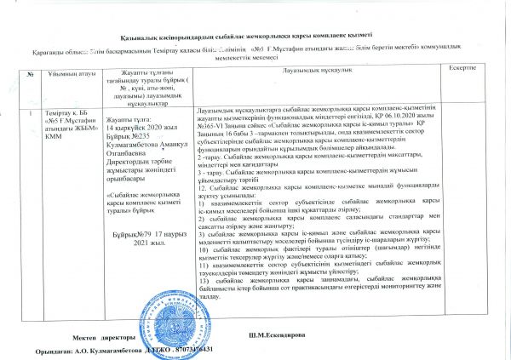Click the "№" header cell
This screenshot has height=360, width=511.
tap(31, 74)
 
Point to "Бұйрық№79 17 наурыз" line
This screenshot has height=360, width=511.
tap(146, 209)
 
